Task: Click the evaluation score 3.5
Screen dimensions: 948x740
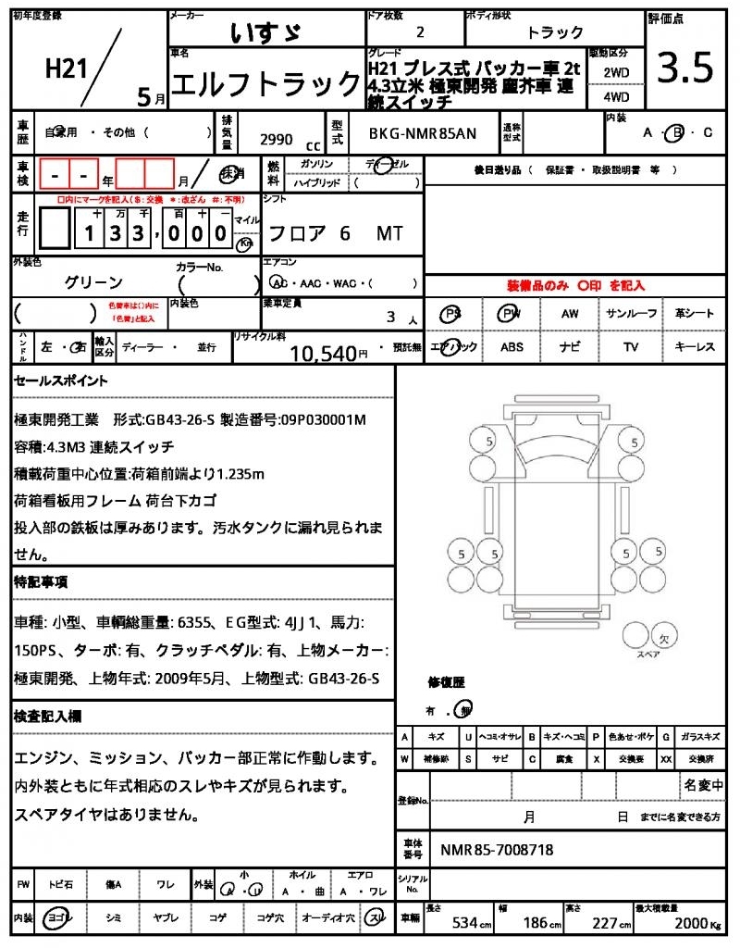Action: coord(685,69)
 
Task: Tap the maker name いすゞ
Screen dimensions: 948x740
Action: coord(265,32)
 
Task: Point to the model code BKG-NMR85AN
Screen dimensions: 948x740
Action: coord(423,134)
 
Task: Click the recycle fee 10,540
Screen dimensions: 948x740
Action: coord(323,352)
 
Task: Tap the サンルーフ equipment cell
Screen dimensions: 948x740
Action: coord(632,314)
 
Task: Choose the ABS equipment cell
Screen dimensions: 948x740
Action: coord(512,347)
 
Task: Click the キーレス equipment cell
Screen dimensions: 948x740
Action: coord(695,347)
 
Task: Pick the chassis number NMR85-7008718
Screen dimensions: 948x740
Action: coord(497,849)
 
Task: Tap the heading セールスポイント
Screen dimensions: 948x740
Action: coord(61,380)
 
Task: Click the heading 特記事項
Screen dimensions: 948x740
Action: coord(41,582)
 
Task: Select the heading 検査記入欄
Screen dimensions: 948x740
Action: coord(47,716)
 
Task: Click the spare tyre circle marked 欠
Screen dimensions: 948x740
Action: coord(663,638)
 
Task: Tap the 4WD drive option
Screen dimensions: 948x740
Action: coord(616,95)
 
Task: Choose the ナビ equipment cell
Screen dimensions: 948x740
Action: coord(571,347)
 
